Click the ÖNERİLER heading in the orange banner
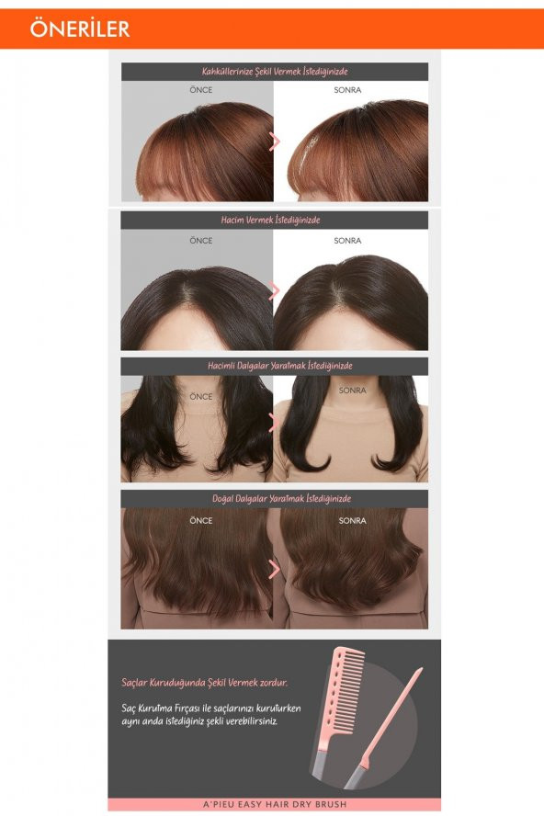tap(80, 28)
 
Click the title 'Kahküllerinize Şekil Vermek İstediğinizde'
tap(275, 72)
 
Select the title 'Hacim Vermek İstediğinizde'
tap(271, 221)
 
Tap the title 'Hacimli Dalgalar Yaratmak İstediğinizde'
tap(280, 366)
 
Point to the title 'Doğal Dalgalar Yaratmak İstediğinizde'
tap(281, 499)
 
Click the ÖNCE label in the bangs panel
tap(201, 90)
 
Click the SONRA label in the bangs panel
tap(347, 90)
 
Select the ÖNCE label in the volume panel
tap(201, 241)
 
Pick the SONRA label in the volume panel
tap(347, 241)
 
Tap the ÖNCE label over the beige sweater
tap(201, 397)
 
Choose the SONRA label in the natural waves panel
tap(353, 520)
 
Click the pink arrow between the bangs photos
tap(275, 142)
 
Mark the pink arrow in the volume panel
tap(275, 291)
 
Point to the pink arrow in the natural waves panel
tap(275, 569)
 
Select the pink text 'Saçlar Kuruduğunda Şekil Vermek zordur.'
tap(205, 682)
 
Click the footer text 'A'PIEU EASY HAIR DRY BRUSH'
tap(275, 804)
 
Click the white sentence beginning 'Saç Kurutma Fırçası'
tap(211, 715)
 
